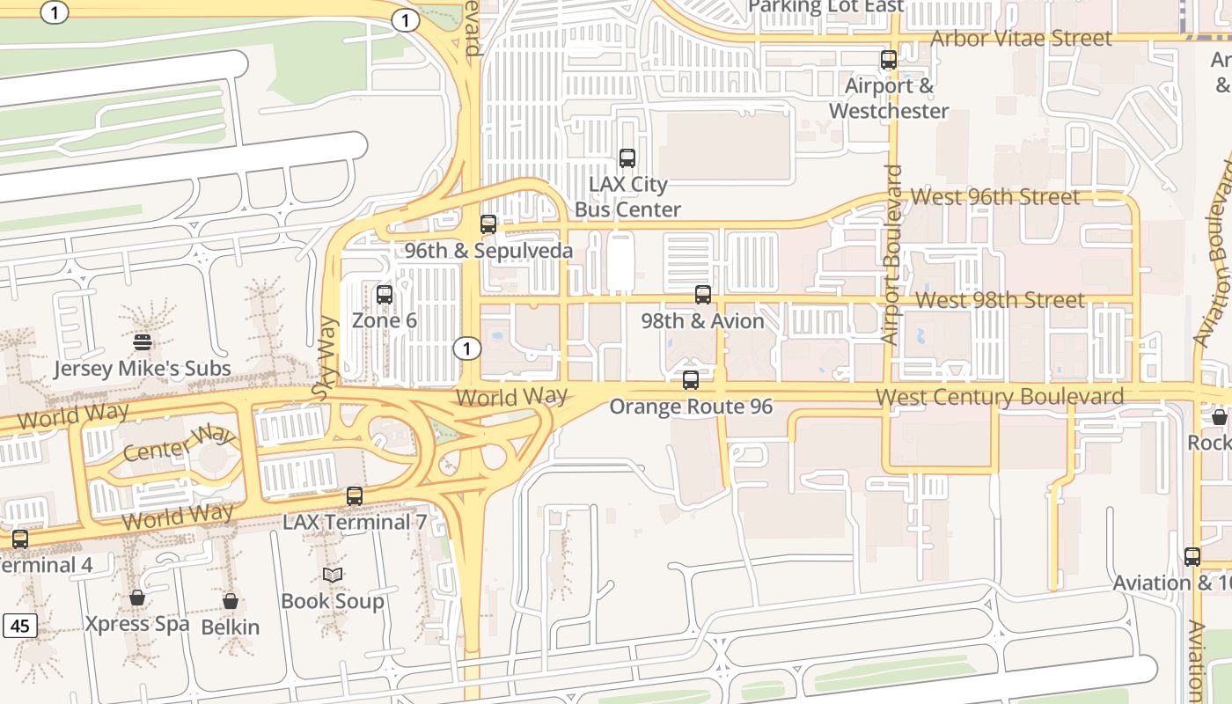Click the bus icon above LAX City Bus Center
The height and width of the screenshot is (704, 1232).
627,158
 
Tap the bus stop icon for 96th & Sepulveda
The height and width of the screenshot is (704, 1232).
488,224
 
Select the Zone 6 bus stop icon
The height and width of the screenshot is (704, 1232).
385,295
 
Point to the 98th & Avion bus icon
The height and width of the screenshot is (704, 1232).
702,295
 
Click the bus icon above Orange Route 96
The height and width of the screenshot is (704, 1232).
691,380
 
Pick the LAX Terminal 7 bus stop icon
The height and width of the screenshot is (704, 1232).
355,496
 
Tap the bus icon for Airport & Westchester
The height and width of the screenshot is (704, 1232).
889,60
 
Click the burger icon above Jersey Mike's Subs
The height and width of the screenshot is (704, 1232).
143,342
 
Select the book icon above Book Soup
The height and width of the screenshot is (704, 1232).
332,575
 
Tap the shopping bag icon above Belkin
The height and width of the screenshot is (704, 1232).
231,601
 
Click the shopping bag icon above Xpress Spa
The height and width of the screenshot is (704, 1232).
137,598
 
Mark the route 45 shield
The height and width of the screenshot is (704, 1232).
20,627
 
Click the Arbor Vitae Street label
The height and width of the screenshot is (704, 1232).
1021,39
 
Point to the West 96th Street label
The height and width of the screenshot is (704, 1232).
995,196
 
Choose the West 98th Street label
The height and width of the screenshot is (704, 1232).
1000,300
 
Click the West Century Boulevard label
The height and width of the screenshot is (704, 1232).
1000,397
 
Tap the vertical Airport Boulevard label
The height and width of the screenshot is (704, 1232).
892,255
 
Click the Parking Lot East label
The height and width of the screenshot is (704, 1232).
825,7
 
